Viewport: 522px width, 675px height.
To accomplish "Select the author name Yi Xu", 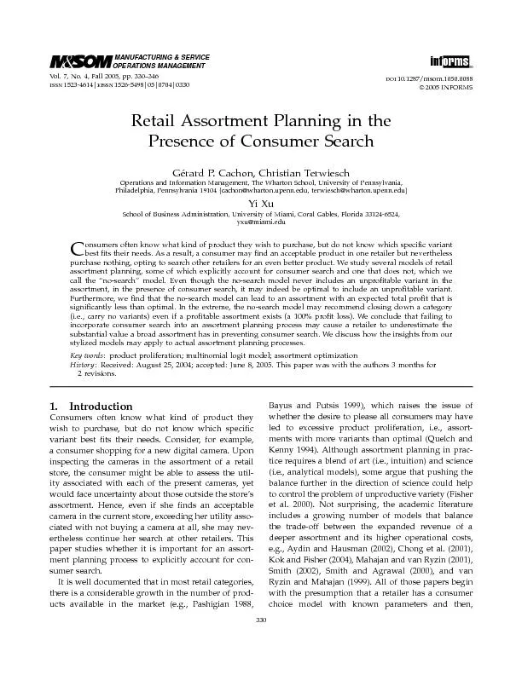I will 260,203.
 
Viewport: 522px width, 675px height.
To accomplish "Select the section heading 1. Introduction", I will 90,407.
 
